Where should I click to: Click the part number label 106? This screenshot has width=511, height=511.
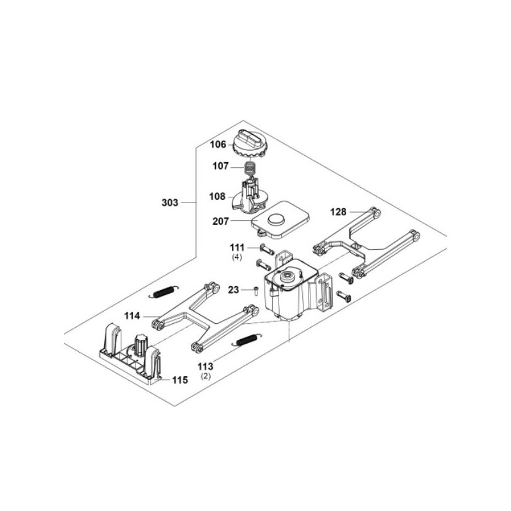click(x=219, y=144)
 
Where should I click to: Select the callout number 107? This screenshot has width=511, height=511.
click(x=220, y=166)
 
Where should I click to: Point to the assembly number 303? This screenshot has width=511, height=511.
click(x=171, y=202)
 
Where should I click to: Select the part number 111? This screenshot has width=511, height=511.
click(x=238, y=247)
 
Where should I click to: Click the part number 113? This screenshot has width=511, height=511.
click(x=206, y=367)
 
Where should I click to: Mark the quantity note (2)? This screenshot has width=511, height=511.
click(x=206, y=378)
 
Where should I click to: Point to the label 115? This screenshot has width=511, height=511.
click(x=179, y=380)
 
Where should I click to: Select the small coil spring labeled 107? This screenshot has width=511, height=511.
click(x=252, y=169)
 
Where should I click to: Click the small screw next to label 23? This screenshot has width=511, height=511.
click(x=254, y=291)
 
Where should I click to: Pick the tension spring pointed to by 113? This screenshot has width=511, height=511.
click(x=244, y=341)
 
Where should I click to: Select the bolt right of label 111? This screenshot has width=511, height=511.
click(x=266, y=248)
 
